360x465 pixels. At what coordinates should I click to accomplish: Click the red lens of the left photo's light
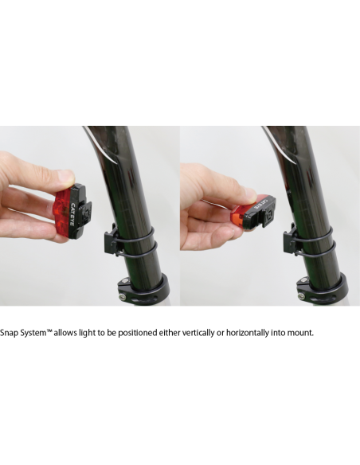(x=63, y=211)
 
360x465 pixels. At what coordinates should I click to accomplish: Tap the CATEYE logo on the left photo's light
(x=72, y=214)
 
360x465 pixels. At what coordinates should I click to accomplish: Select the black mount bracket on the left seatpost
(x=111, y=240)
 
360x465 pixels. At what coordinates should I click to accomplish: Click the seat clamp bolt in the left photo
(x=121, y=295)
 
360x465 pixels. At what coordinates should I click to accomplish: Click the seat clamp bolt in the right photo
(x=302, y=295)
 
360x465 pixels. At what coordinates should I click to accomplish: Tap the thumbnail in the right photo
(x=252, y=195)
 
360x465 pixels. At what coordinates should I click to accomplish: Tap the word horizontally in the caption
(x=248, y=333)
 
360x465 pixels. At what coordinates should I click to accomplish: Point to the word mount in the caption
(x=300, y=333)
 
